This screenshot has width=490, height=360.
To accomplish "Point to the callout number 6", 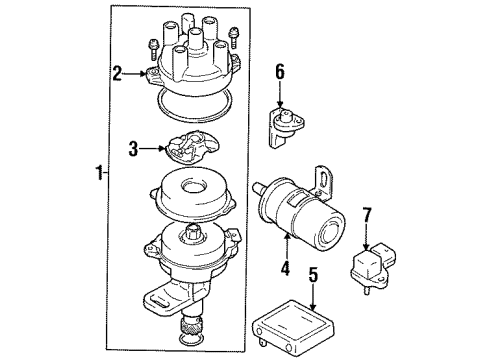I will point(281,71).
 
